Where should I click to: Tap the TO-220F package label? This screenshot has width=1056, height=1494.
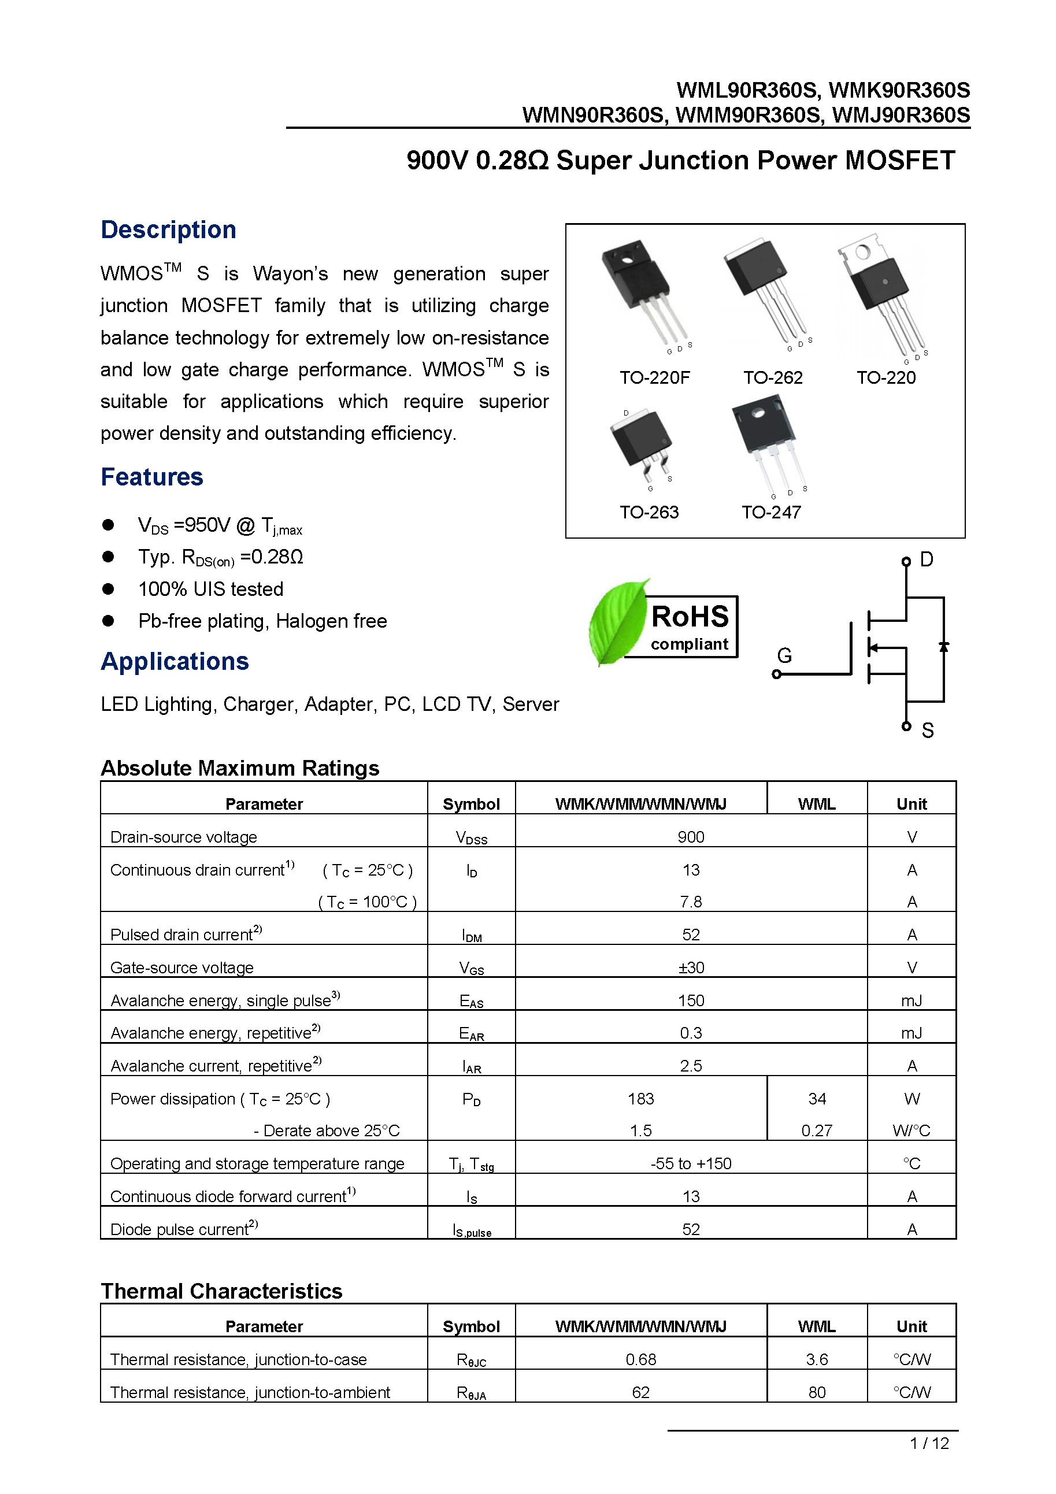(x=654, y=377)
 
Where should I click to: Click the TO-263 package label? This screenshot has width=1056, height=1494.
(x=649, y=512)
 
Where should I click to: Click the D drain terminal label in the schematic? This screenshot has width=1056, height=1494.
(x=927, y=559)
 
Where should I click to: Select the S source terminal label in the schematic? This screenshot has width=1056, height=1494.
(x=927, y=731)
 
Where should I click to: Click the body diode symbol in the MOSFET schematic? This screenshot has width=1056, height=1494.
(x=943, y=646)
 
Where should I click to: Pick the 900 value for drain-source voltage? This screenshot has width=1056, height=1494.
(x=690, y=837)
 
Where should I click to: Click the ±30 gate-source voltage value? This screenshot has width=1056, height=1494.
(x=690, y=967)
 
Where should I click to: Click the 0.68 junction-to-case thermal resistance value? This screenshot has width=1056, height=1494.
(x=640, y=1359)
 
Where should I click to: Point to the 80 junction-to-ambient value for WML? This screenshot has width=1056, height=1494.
(x=817, y=1392)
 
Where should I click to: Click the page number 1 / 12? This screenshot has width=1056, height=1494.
(x=928, y=1443)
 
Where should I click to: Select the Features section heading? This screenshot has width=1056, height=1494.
(x=151, y=477)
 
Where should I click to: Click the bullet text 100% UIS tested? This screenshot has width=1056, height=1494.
(x=210, y=589)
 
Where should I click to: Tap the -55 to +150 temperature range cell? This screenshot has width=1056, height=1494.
(x=690, y=1163)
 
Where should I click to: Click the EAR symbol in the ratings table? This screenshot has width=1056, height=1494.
(x=471, y=1033)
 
